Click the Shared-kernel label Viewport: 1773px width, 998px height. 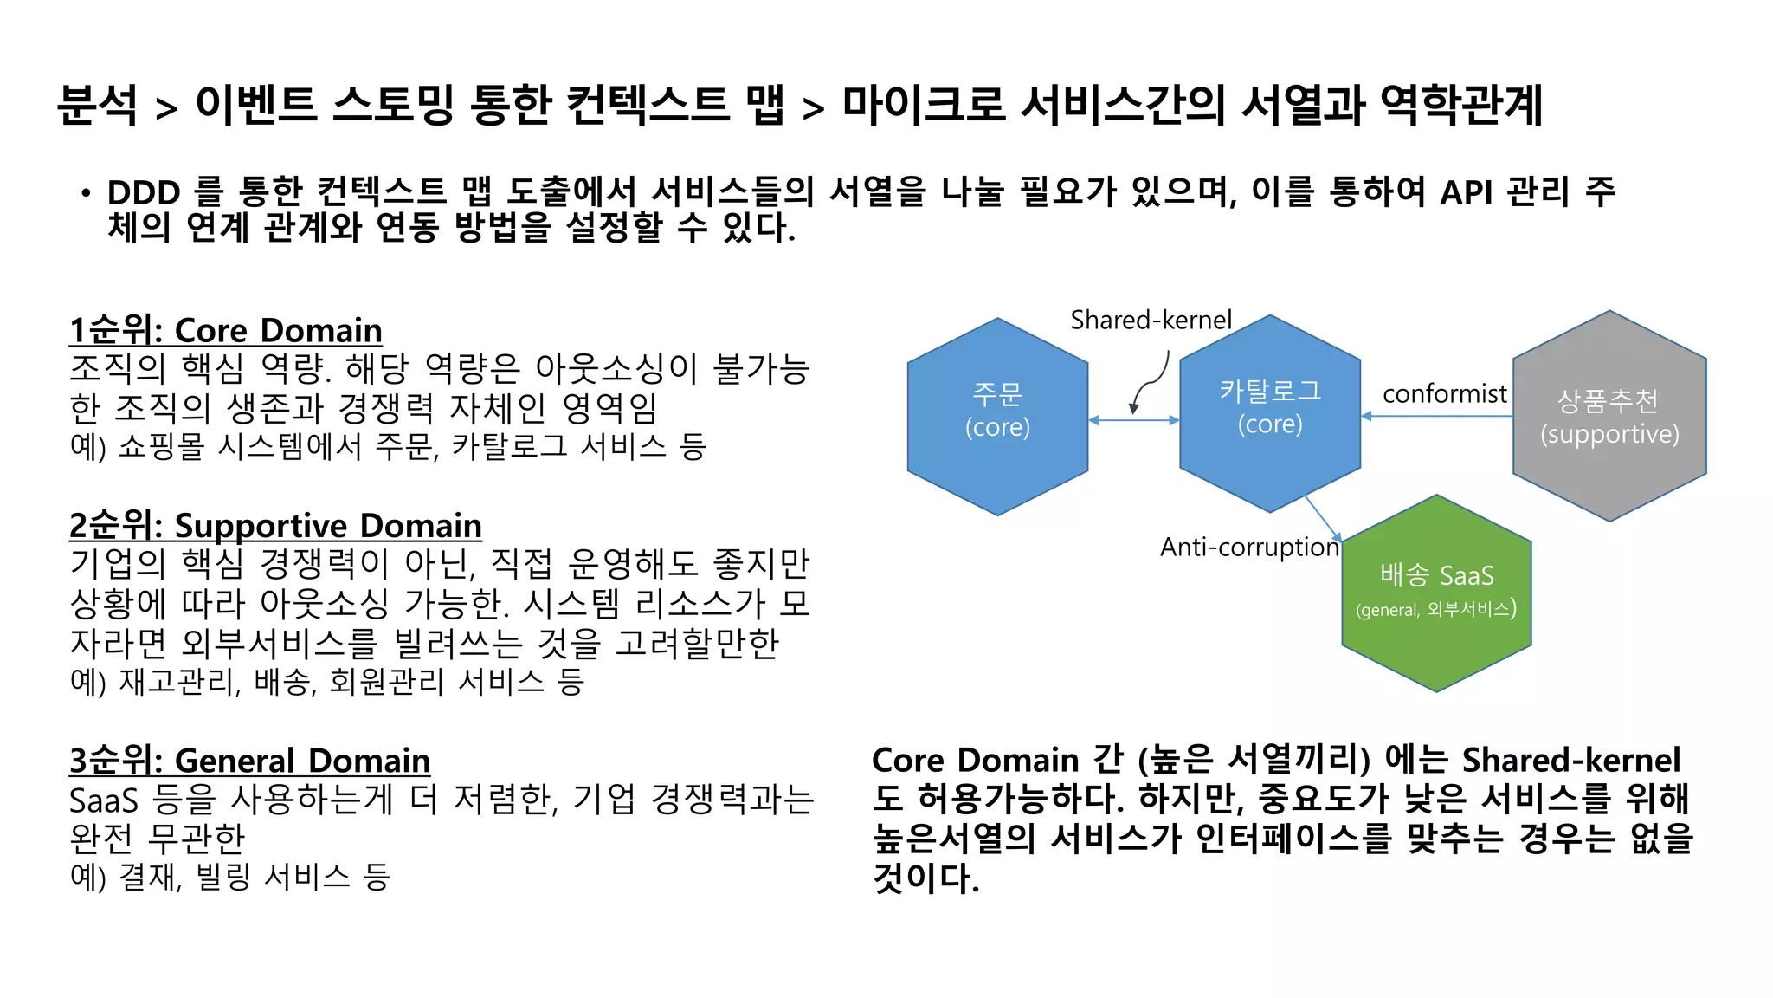1151,321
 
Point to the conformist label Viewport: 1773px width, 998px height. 1444,394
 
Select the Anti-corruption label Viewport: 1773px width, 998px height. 1249,548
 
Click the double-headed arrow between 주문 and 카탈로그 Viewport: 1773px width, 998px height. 1133,420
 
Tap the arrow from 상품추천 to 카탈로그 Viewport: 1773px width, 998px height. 1437,417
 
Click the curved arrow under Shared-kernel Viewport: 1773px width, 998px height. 1151,381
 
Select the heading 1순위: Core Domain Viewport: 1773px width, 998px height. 225,331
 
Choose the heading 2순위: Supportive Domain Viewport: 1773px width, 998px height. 275,526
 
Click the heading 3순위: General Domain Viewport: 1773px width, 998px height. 249,761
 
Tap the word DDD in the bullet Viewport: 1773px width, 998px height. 144,192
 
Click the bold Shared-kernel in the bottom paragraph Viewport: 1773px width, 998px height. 1570,760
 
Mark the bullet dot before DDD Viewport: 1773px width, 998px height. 85,193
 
